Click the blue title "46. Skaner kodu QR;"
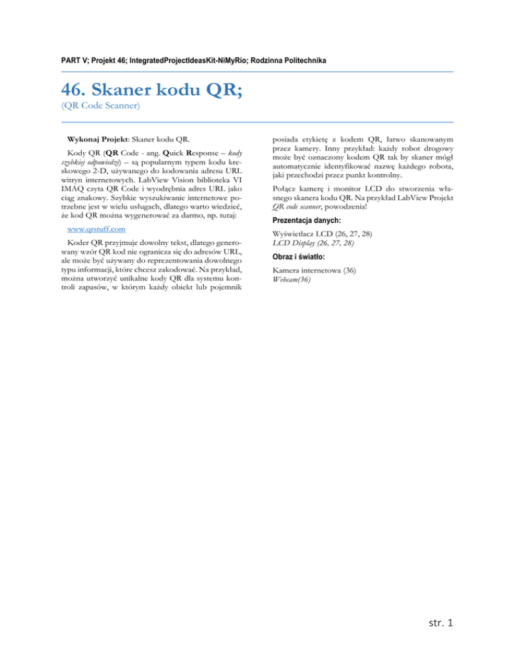(152, 90)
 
